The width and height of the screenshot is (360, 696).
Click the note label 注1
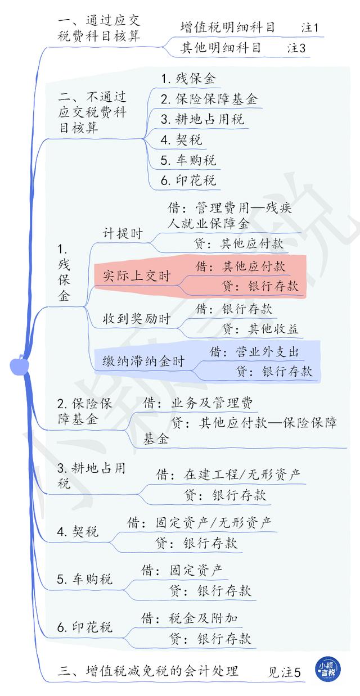[x=309, y=28]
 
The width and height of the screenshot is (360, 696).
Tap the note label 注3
[x=296, y=48]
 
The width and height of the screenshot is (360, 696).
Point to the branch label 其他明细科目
[x=220, y=48]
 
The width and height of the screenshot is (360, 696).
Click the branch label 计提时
[x=123, y=233]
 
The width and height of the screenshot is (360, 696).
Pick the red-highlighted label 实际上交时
[x=137, y=275]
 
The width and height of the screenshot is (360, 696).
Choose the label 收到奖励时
[x=137, y=318]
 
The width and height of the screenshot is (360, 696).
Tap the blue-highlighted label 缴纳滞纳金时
[x=143, y=361]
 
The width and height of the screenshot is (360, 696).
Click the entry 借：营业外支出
[x=254, y=352]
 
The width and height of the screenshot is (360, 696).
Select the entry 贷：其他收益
[x=260, y=329]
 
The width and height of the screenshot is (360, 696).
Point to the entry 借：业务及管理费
[x=198, y=403]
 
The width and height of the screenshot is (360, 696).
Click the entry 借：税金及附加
[x=190, y=618]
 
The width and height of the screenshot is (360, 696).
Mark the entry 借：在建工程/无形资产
[x=228, y=474]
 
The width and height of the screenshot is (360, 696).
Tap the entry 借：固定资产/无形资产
[x=199, y=523]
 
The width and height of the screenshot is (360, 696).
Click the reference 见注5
[x=285, y=672]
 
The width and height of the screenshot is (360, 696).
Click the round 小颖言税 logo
[x=328, y=669]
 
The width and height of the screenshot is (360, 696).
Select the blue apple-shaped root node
[x=19, y=365]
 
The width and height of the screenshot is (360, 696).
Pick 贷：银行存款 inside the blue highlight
[x=274, y=371]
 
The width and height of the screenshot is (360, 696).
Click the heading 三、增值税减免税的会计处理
[x=148, y=671]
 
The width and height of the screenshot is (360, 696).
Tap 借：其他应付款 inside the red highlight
[x=240, y=266]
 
